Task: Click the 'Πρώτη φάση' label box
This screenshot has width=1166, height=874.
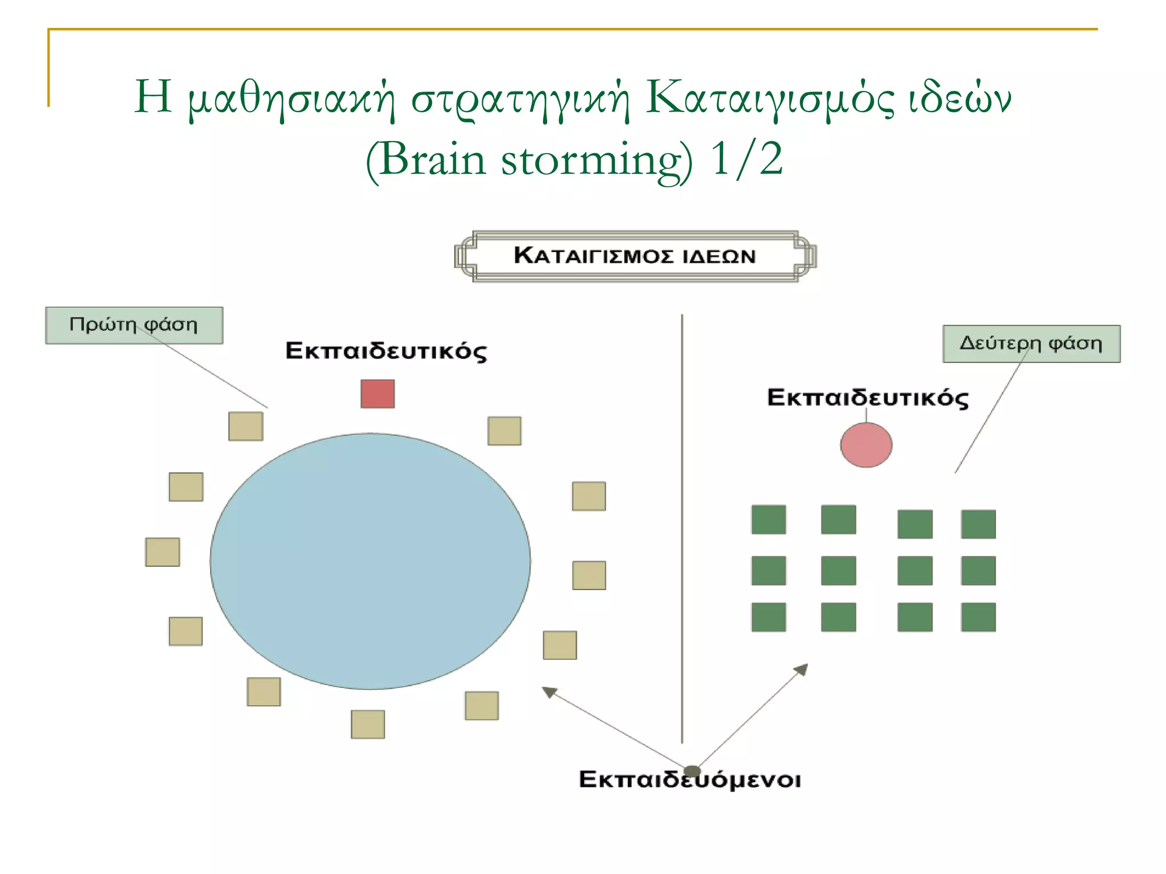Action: tap(134, 325)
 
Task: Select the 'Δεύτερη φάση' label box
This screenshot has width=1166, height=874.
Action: tap(1031, 344)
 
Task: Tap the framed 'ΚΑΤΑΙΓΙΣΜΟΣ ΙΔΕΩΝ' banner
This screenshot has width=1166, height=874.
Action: tap(635, 256)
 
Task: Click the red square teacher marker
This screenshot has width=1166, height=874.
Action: tap(377, 394)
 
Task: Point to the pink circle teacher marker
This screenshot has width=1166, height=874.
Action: tap(866, 445)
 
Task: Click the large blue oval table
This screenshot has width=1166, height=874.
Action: tap(370, 561)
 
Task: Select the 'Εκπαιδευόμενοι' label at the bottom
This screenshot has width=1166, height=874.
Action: tap(689, 780)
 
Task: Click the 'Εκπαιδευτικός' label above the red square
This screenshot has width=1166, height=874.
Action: tap(386, 351)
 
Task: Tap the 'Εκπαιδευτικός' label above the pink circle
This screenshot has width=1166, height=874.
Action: tap(867, 398)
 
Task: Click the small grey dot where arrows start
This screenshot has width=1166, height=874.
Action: tap(691, 771)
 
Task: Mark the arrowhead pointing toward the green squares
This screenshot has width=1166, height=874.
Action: tap(802, 669)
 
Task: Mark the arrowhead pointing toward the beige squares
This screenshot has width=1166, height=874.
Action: tap(549, 692)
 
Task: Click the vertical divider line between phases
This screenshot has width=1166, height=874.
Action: tap(682, 529)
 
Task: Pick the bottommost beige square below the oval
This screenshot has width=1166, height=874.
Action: tap(368, 724)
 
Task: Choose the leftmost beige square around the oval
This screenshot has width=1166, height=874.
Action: tap(162, 552)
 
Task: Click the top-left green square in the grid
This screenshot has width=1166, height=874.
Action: tap(769, 520)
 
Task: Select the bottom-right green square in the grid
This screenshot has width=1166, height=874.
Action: tap(978, 617)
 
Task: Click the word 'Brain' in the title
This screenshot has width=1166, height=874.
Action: tap(433, 160)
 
